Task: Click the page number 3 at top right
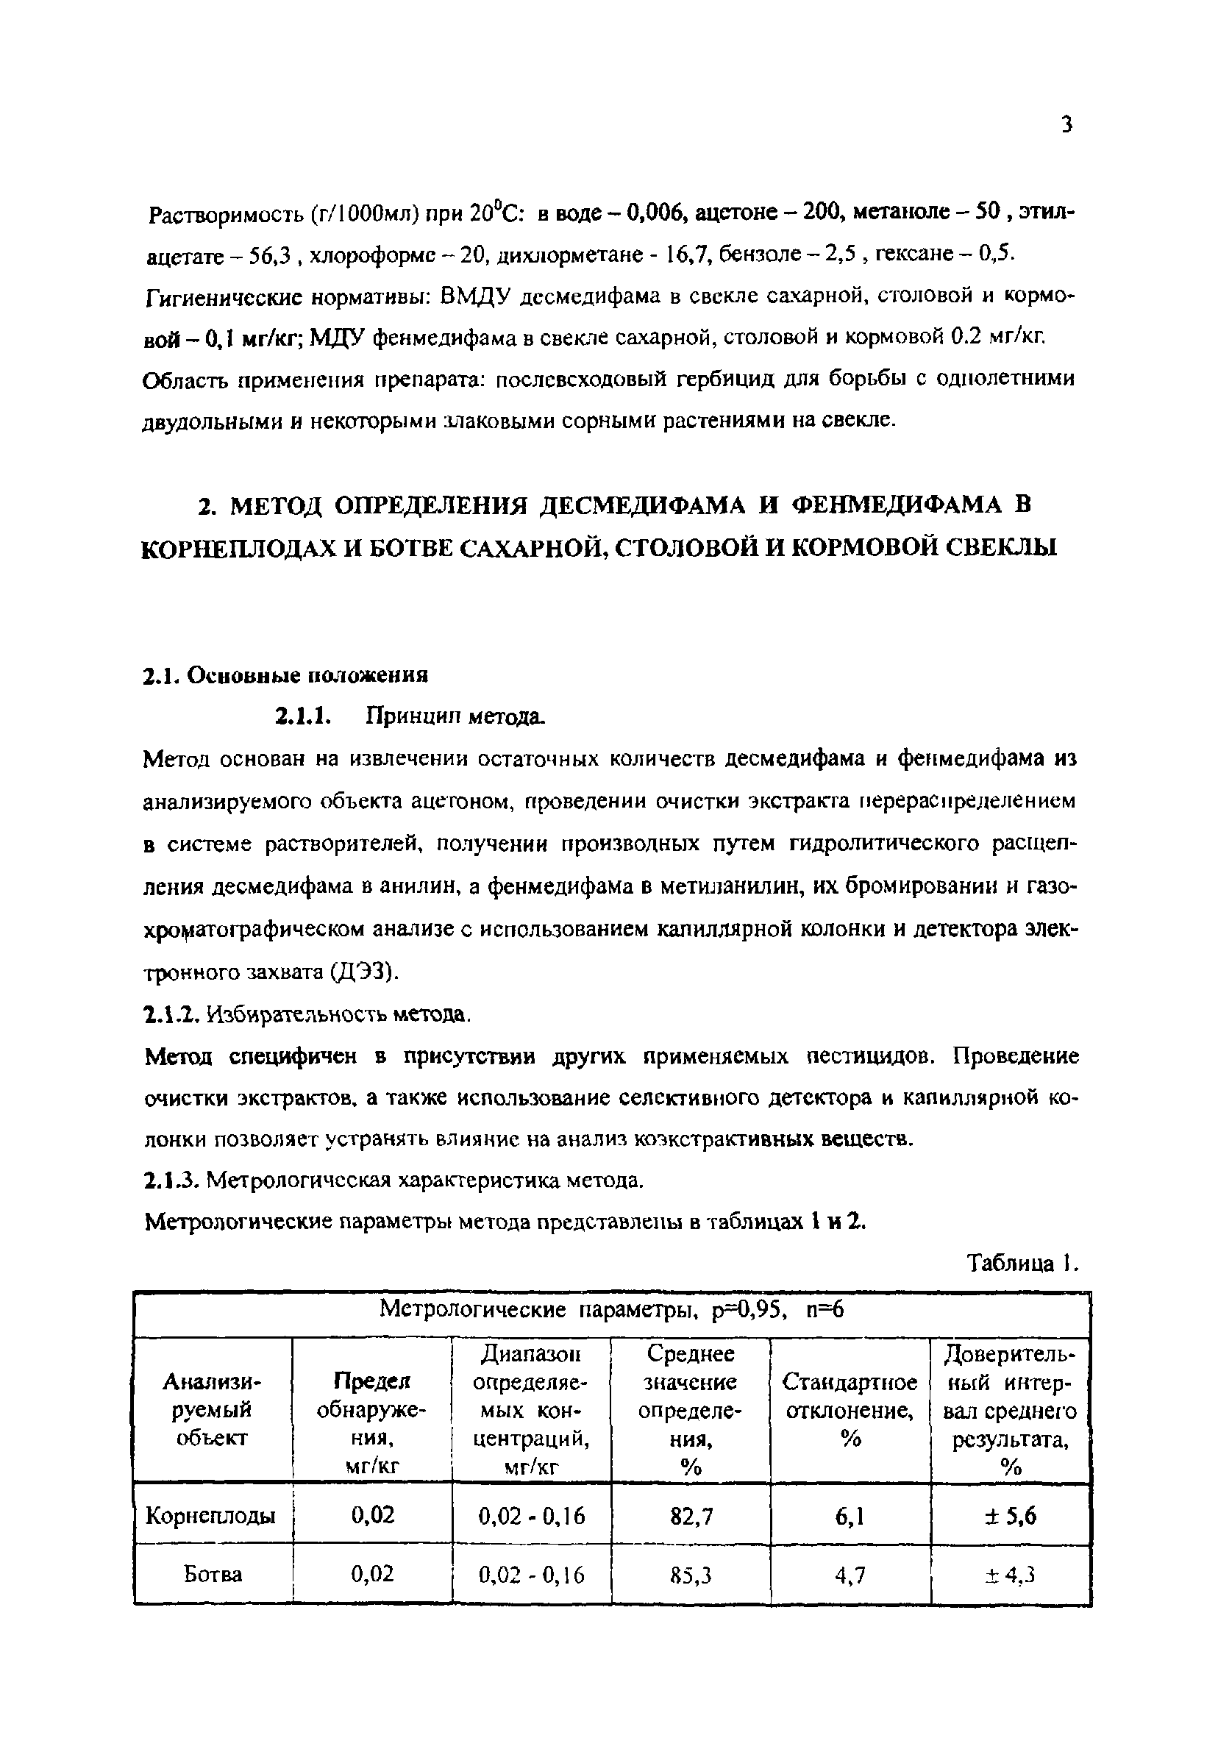coord(1066,124)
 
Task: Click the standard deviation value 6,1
coord(850,1515)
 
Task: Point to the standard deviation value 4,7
coord(850,1575)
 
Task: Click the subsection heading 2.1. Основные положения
coord(285,674)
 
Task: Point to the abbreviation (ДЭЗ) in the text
coord(362,972)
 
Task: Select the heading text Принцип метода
coord(455,716)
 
